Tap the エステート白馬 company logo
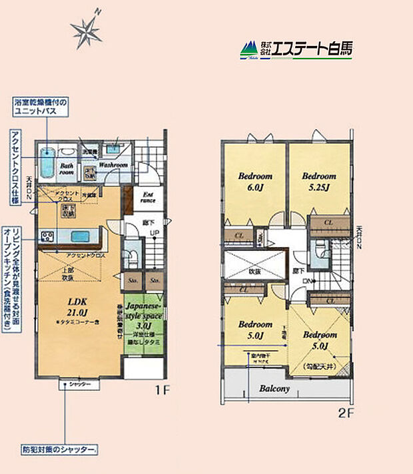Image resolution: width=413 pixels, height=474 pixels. click(x=296, y=48)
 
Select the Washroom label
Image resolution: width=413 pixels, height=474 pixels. click(x=114, y=164)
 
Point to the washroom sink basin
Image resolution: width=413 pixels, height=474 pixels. click(x=114, y=149)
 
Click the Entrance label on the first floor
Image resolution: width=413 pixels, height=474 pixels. click(x=149, y=196)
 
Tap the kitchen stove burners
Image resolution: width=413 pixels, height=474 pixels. click(x=48, y=236)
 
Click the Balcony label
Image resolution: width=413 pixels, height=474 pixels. click(x=274, y=389)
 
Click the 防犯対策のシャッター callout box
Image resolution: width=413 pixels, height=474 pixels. click(x=64, y=449)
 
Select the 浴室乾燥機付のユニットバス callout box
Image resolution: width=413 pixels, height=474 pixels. click(x=41, y=108)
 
